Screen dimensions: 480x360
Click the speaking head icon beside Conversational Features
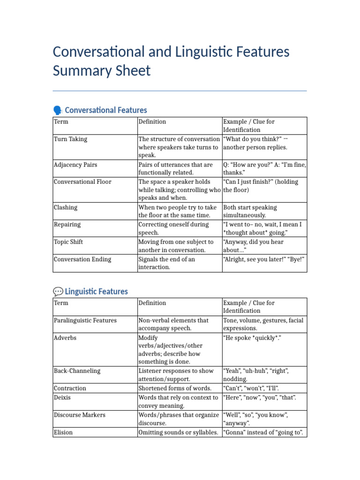pos(58,110)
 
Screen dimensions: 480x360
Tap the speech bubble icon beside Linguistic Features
pos(58,292)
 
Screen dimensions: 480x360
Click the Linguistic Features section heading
pos(96,292)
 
